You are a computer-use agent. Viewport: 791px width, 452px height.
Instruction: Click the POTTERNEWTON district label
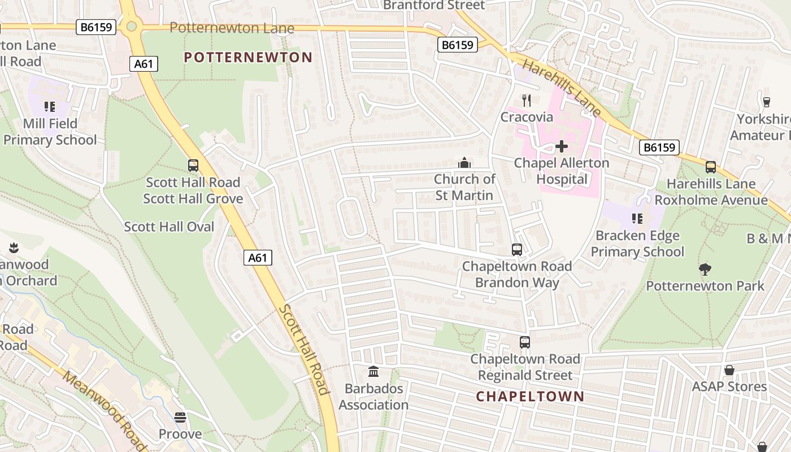coord(248,57)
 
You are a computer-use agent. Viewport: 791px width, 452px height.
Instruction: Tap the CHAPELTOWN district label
coord(529,396)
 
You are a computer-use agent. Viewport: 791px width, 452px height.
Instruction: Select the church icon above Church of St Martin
coord(464,163)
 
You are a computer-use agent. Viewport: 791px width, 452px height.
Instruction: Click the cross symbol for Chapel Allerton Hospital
coord(562,146)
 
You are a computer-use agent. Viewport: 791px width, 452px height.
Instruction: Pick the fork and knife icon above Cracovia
coord(527,101)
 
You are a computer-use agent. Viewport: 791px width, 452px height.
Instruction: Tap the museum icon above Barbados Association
coord(373,372)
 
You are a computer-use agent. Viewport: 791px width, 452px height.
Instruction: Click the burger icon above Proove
coord(180,418)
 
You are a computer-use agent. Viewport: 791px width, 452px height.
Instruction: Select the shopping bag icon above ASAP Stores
coord(729,370)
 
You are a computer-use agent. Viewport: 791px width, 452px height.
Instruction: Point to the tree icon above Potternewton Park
coord(705,270)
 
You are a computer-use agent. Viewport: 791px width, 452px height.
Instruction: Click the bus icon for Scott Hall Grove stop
coord(193,166)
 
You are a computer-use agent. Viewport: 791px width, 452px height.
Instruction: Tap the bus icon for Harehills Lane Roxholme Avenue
coord(711,167)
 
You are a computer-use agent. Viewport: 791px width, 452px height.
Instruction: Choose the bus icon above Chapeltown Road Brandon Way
coord(516,250)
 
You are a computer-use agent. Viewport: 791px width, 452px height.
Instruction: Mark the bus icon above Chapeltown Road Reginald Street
coord(525,342)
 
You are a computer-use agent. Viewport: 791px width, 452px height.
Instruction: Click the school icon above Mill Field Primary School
coord(50,107)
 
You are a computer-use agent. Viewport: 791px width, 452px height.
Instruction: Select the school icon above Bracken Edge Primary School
coord(637,219)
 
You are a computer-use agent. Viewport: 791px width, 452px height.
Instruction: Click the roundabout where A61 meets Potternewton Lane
coord(132,25)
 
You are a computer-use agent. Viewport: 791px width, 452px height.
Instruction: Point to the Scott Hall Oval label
coord(169,227)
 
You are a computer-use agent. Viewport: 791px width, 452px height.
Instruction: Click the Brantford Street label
coord(434,6)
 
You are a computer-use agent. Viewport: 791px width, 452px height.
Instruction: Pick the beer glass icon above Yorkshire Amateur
coord(767,102)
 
